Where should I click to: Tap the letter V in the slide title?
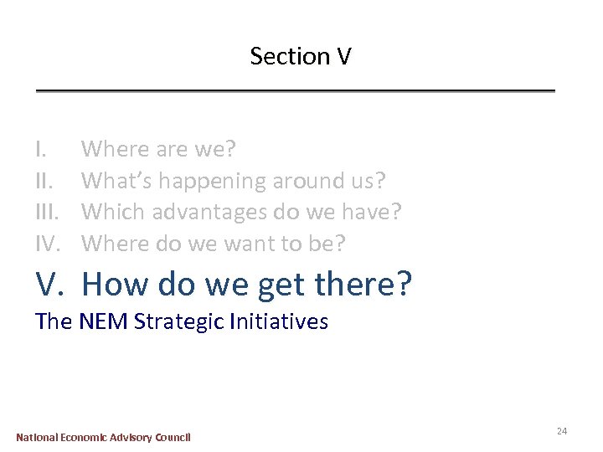[343, 56]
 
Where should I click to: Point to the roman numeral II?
[44, 180]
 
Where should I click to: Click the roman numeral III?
[48, 211]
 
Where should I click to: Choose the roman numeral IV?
[49, 243]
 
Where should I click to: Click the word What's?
[116, 180]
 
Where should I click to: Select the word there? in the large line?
[364, 284]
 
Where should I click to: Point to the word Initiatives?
[277, 321]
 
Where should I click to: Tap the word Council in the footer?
[172, 437]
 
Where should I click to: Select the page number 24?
[561, 430]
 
